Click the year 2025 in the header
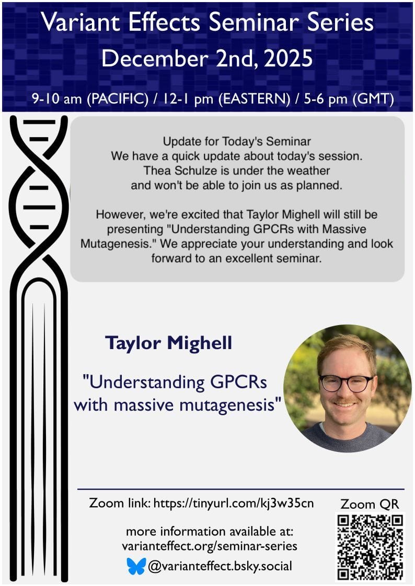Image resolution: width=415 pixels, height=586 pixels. click(288, 58)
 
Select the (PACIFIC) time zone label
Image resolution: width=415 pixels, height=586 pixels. click(118, 99)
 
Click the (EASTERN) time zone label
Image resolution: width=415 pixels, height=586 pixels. click(254, 99)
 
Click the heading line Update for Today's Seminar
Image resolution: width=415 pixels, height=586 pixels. click(237, 141)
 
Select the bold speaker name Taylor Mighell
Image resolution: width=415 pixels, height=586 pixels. click(169, 343)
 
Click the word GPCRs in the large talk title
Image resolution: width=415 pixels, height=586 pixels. click(238, 382)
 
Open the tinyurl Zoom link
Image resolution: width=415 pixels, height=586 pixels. click(234, 503)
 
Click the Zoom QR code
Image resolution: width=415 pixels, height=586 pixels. click(370, 547)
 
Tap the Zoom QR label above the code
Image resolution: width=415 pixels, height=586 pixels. click(370, 504)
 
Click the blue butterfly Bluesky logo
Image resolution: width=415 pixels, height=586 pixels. click(136, 566)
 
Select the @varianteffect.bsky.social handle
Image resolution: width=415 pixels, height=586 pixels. click(220, 566)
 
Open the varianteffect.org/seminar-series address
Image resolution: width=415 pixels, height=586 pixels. click(210, 546)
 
